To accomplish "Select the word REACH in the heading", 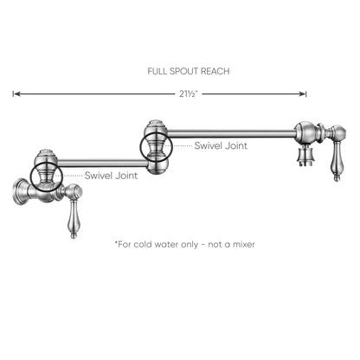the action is pyautogui.click(x=215, y=71).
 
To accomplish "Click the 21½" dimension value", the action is pyautogui.click(x=188, y=94).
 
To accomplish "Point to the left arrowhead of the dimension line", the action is pyautogui.click(x=16, y=93).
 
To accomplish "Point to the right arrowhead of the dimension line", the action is pyautogui.click(x=303, y=93).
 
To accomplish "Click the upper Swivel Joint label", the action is pyautogui.click(x=221, y=145).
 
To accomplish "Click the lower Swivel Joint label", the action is pyautogui.click(x=111, y=176).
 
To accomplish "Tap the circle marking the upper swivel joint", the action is pyautogui.click(x=139, y=146).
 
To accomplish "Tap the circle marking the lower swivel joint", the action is pyautogui.click(x=30, y=176).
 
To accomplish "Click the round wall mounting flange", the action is pyautogui.click(x=19, y=191).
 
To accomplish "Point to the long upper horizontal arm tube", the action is pyautogui.click(x=232, y=133).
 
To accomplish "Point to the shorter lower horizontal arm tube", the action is pyautogui.click(x=103, y=164).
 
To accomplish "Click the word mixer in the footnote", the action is pyautogui.click(x=244, y=245).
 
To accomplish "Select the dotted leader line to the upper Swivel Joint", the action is pyautogui.click(x=182, y=146).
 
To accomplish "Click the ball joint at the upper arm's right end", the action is pyautogui.click(x=305, y=132).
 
